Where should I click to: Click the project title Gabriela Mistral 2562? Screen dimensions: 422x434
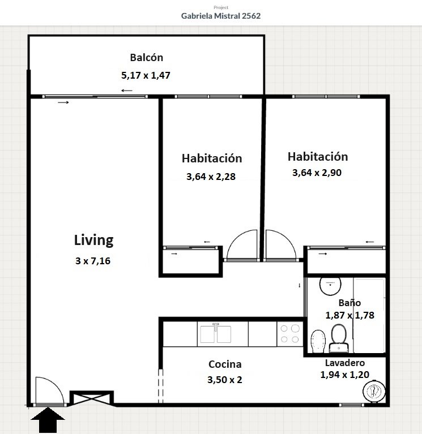221,16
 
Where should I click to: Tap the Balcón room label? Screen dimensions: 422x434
147,58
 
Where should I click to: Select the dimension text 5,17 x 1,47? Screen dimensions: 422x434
146,75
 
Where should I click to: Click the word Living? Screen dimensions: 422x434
93,240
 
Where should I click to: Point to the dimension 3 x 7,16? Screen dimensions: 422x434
93,261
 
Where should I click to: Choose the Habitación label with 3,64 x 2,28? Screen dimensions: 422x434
212,158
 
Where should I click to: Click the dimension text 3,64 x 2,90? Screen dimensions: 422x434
317,173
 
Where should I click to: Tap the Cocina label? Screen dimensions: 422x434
225,364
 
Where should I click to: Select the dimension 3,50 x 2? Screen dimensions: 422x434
225,380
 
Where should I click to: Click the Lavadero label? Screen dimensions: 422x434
345,363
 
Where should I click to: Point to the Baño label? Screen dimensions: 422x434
349,303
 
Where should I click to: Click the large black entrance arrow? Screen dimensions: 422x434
48,420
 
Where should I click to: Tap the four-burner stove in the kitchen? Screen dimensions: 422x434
290,334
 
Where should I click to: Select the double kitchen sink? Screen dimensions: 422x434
216,334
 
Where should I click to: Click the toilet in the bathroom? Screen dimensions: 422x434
339,338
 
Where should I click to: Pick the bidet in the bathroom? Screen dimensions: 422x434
318,341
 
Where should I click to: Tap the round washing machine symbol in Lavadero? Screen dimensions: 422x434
374,390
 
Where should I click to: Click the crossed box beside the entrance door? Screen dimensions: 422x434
91,398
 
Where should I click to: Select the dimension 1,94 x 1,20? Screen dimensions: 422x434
345,375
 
